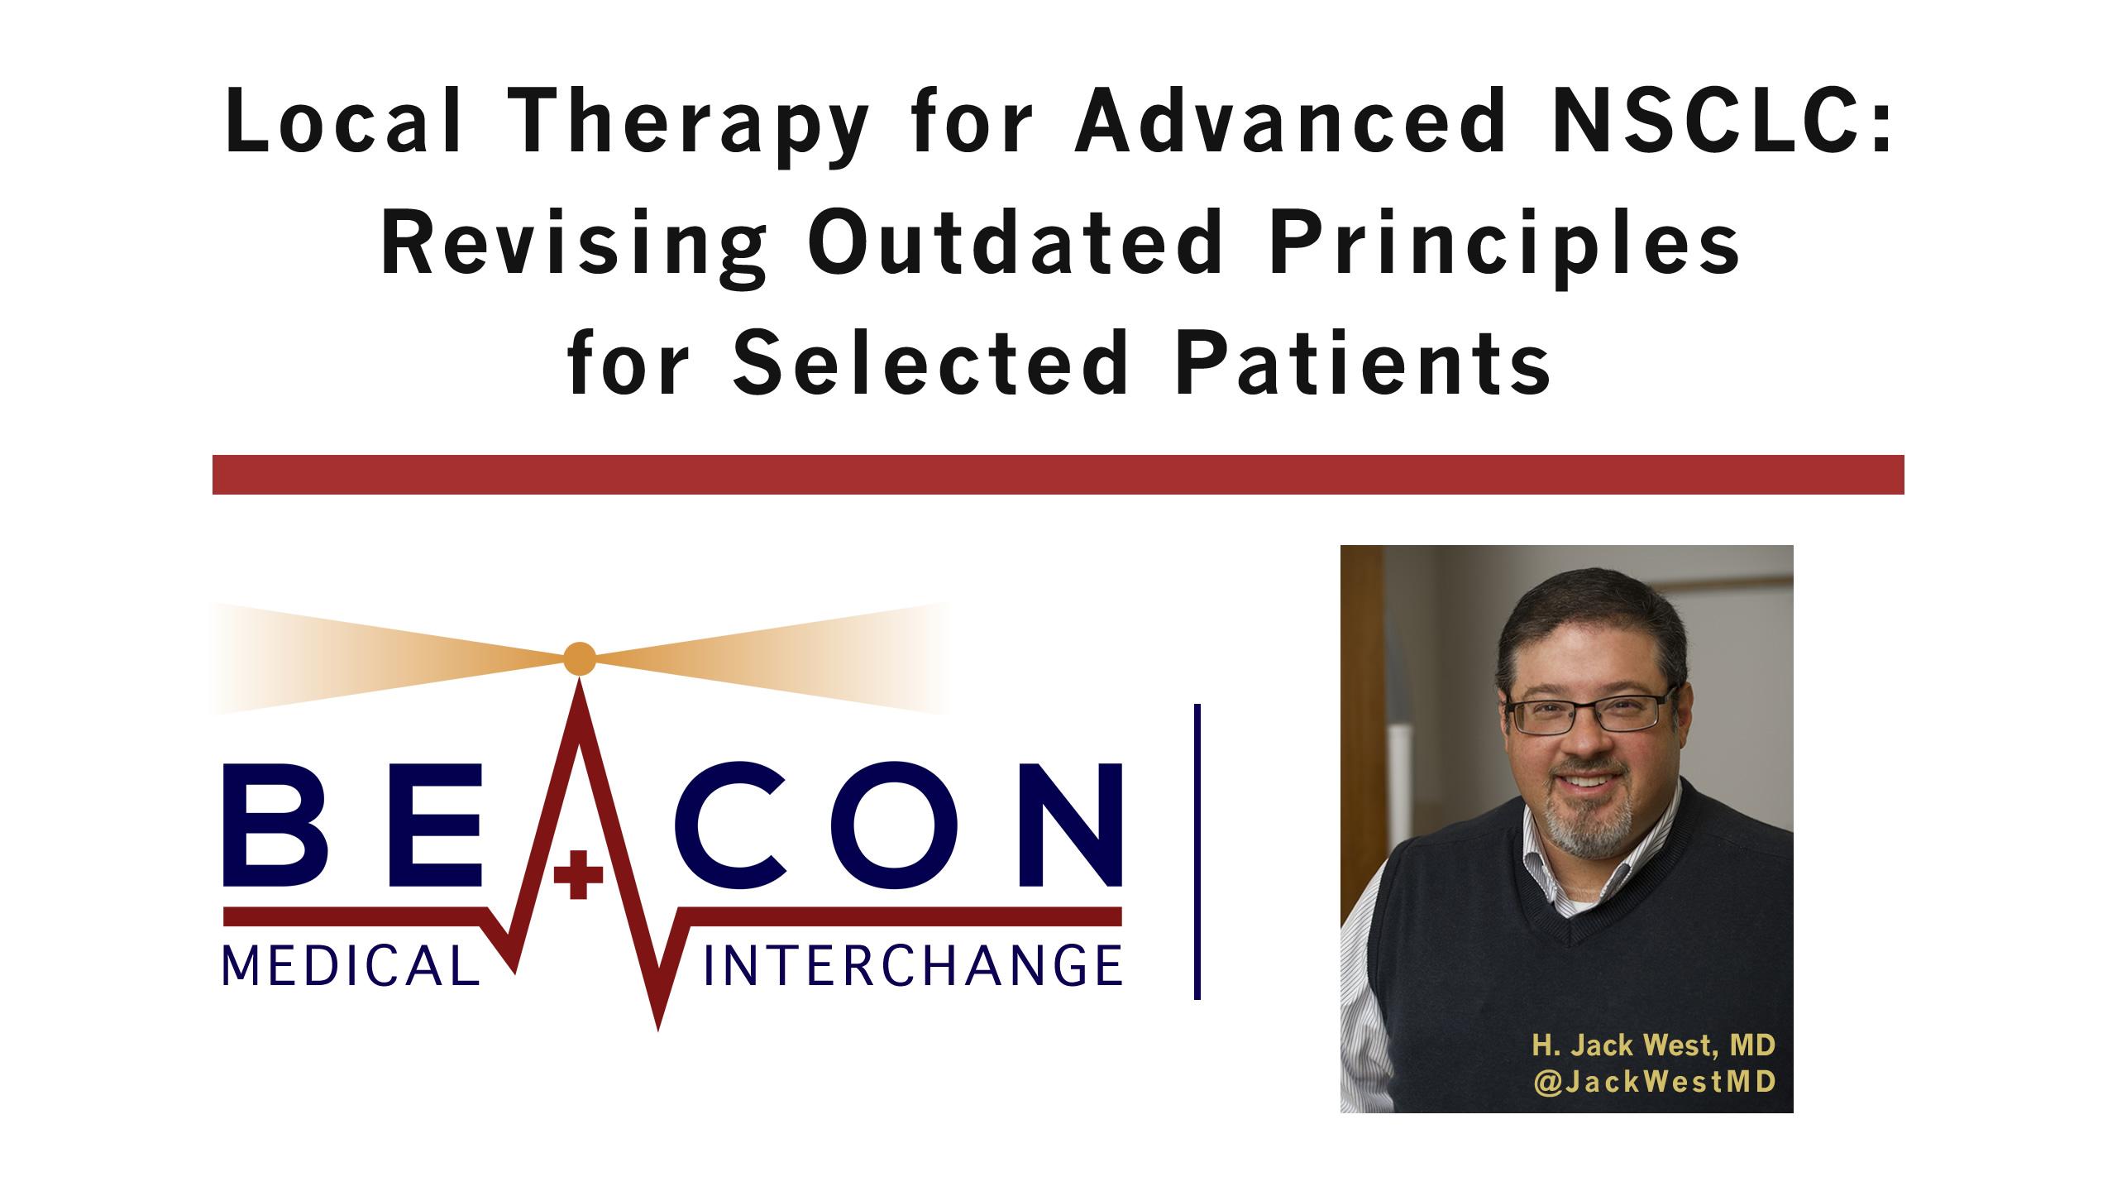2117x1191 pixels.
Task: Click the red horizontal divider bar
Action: point(1058,475)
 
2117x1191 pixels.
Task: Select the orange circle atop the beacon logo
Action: point(579,658)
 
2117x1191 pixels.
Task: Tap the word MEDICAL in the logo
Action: point(351,967)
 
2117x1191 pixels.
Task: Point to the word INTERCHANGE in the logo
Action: point(912,967)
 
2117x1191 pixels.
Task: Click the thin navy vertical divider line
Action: point(1197,852)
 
